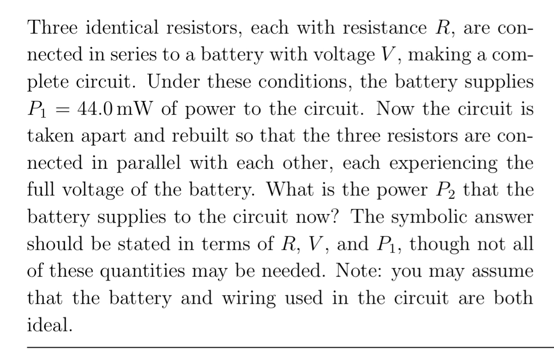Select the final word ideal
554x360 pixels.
click(x=49, y=324)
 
